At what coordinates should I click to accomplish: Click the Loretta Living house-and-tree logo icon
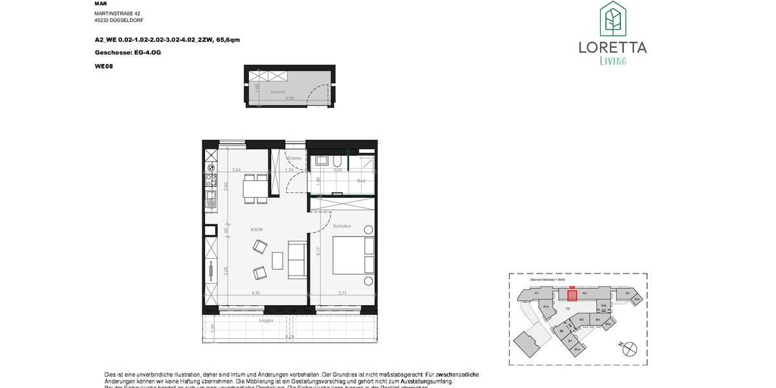(612, 19)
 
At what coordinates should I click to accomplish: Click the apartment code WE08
(103, 66)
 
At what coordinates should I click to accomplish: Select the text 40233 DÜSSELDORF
(119, 20)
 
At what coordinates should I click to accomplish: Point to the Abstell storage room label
(259, 92)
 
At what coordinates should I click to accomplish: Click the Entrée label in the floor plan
(296, 158)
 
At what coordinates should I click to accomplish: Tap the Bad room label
(361, 180)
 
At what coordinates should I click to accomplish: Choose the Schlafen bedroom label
(342, 226)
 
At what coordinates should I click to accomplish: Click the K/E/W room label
(257, 229)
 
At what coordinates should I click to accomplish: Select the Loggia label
(266, 320)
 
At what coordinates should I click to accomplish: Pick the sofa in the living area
(297, 260)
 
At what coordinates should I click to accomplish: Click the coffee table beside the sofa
(277, 260)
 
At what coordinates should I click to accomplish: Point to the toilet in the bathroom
(338, 161)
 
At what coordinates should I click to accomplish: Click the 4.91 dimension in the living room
(255, 293)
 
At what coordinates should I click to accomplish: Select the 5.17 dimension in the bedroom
(316, 252)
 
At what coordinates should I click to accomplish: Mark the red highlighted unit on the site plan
(572, 296)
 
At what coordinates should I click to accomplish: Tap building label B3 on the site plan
(581, 319)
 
